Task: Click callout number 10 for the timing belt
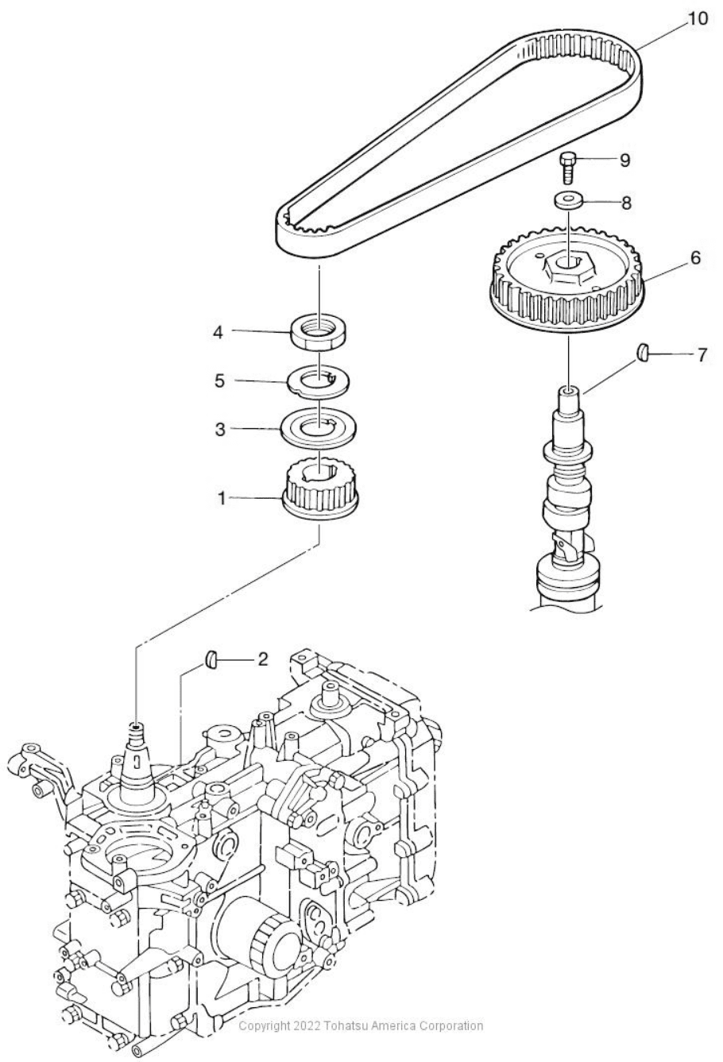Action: pyautogui.click(x=696, y=17)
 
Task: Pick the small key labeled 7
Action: pyautogui.click(x=644, y=351)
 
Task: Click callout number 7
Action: pyautogui.click(x=701, y=355)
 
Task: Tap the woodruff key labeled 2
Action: pyautogui.click(x=211, y=658)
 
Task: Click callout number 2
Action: pyautogui.click(x=261, y=658)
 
